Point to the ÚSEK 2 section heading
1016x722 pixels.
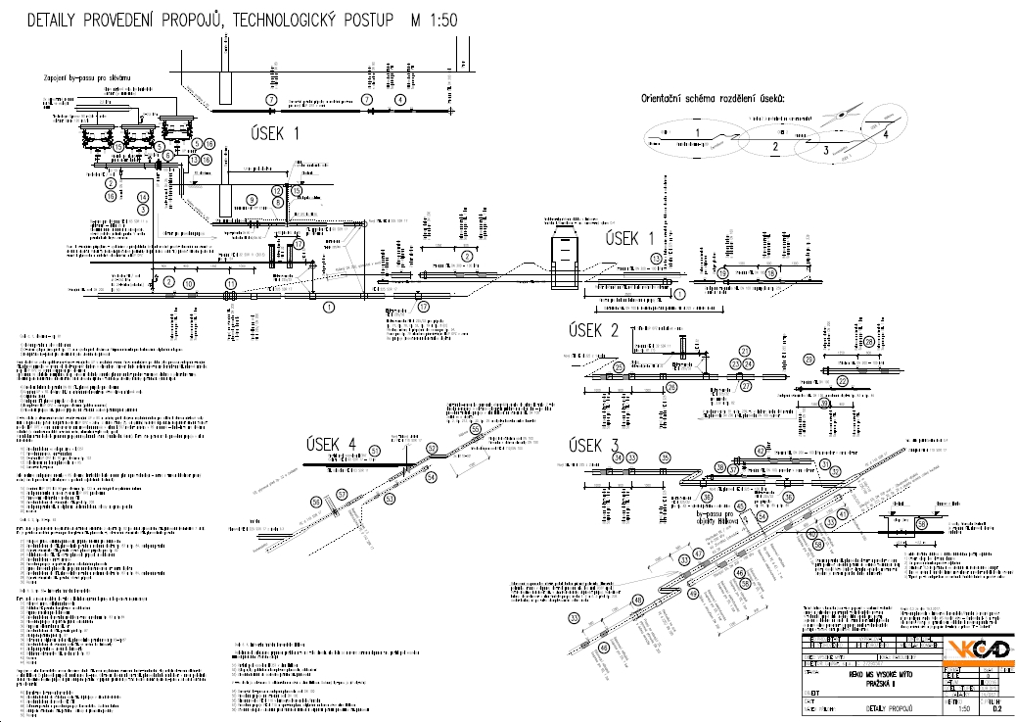tap(594, 331)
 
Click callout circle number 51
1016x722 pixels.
tap(374, 451)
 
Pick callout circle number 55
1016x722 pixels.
tap(476, 429)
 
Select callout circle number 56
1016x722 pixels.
tap(316, 502)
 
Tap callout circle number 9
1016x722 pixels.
tap(252, 200)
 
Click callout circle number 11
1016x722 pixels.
tap(231, 284)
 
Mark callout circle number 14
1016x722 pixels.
tap(143, 197)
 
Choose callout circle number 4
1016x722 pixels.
tap(399, 100)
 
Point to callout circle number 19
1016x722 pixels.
tap(770, 273)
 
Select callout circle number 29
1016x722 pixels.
tap(868, 341)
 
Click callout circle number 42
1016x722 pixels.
tap(760, 450)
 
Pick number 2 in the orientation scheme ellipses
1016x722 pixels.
tap(774, 147)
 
